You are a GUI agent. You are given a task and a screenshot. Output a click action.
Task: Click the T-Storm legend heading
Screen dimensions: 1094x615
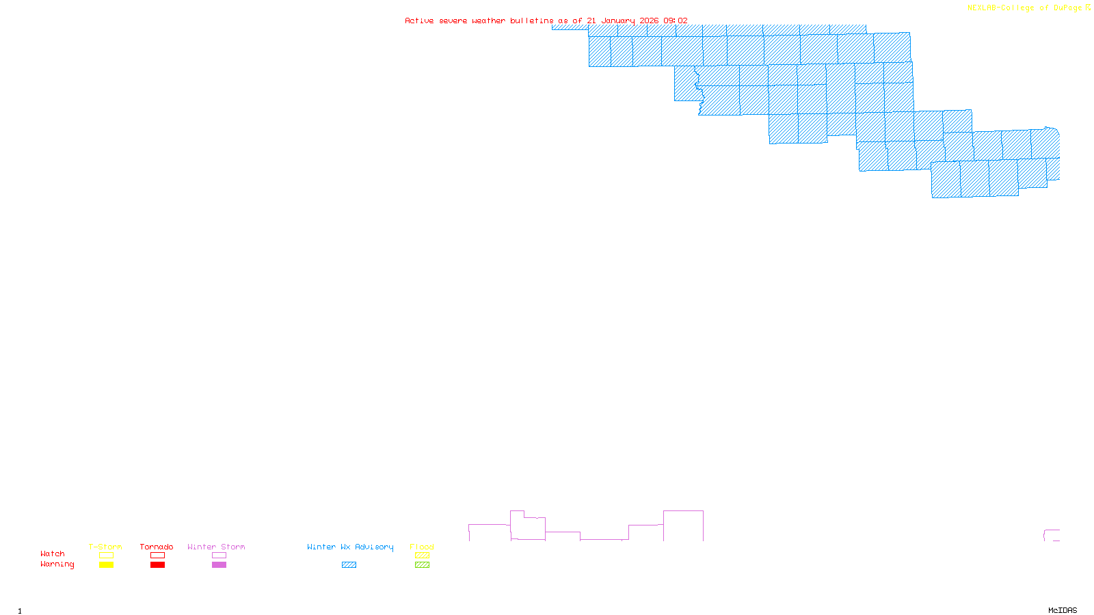[x=105, y=547]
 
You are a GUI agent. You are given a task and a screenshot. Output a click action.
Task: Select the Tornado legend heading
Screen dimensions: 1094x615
[x=157, y=547]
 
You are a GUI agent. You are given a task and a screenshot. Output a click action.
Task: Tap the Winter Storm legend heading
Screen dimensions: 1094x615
[x=216, y=547]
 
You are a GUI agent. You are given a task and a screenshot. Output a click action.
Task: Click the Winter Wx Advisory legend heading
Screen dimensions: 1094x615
[x=350, y=547]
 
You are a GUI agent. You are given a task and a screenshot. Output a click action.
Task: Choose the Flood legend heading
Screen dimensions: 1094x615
[x=422, y=547]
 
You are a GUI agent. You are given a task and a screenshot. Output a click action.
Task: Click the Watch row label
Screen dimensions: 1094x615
[x=53, y=553]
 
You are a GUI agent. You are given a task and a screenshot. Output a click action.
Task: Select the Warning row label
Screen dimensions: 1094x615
[x=57, y=564]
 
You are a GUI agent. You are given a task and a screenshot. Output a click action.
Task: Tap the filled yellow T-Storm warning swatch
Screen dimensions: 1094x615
[x=106, y=565]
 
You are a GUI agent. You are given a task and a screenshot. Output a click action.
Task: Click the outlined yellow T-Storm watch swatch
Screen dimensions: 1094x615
[x=106, y=556]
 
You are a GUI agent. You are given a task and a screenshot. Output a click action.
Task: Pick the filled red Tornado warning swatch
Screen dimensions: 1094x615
[x=157, y=565]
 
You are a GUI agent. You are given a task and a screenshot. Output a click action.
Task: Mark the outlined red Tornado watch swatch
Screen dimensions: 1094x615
[x=157, y=556]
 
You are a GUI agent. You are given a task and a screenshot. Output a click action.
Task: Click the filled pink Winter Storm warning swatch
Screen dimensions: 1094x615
[x=219, y=565]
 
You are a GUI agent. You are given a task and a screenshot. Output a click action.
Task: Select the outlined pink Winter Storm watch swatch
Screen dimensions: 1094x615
[x=219, y=556]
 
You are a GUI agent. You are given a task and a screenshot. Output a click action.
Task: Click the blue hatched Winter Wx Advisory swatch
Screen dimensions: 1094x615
[x=349, y=565]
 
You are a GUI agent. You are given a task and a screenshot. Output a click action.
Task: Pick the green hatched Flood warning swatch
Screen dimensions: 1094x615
[x=422, y=565]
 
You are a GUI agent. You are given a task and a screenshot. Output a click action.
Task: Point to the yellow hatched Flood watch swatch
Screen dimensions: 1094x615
[x=422, y=556]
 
